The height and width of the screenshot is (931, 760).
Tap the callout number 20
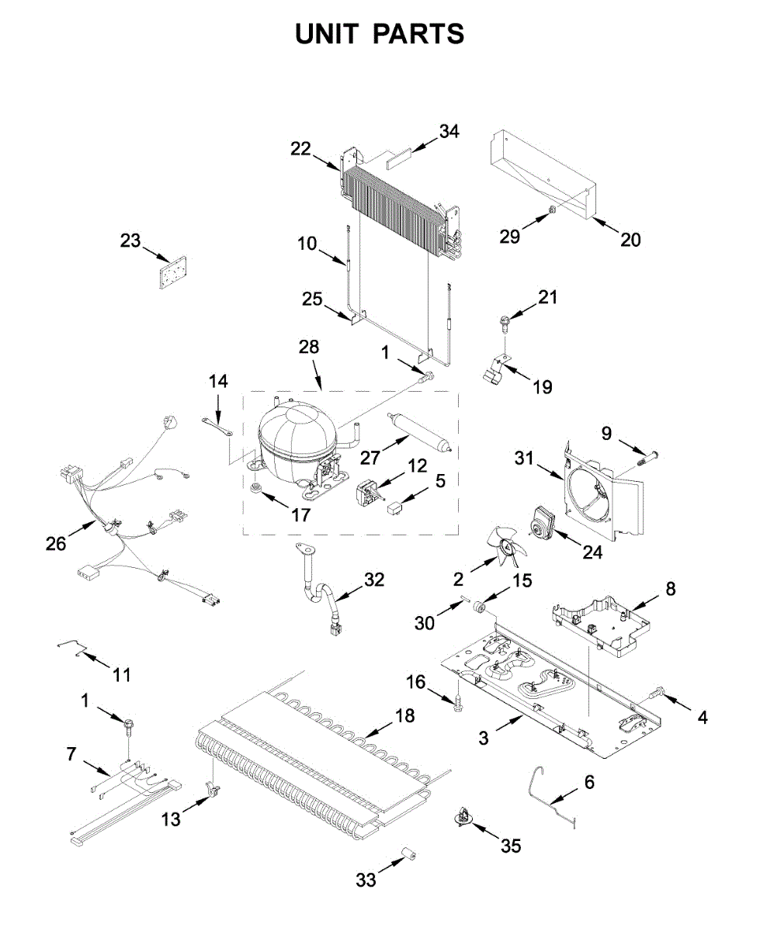click(x=630, y=240)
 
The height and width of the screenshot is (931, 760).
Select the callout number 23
click(x=130, y=241)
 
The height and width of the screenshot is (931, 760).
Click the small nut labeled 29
click(x=550, y=210)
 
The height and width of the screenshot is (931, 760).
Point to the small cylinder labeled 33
click(x=410, y=855)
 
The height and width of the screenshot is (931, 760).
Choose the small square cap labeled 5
click(x=395, y=509)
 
